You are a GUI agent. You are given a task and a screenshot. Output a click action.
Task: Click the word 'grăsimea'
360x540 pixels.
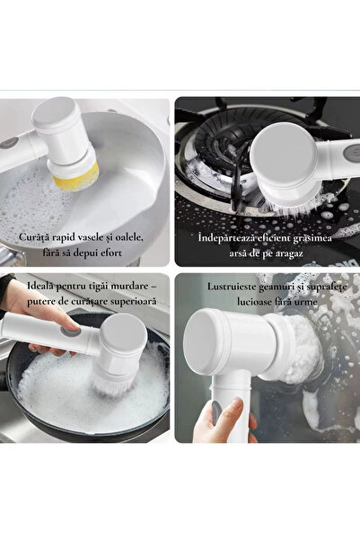click(312, 238)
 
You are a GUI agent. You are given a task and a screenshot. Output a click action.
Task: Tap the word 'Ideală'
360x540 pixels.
click(40, 285)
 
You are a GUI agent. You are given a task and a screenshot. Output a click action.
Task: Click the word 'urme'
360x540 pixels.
click(305, 302)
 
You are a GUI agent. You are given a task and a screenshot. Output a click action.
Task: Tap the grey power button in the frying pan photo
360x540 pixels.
click(71, 332)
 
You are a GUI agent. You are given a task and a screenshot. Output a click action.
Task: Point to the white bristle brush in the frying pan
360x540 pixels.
click(114, 384)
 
